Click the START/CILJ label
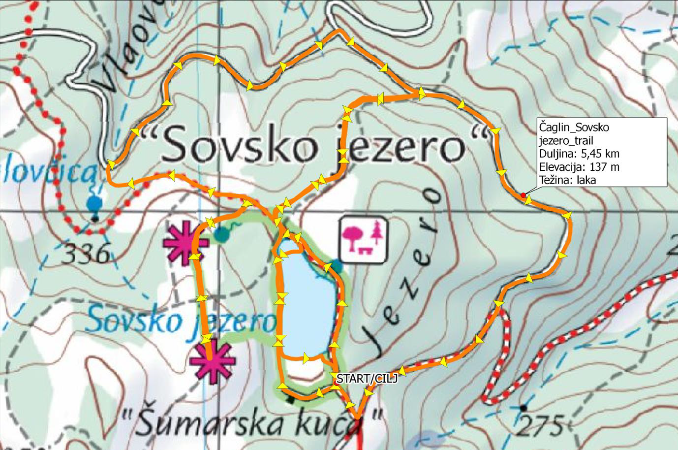(366, 379)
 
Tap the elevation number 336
(87, 255)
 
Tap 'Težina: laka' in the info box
(567, 180)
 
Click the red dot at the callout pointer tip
(523, 195)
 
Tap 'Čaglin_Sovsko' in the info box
(574, 127)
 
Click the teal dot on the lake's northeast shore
(336, 266)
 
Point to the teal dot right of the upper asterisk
(222, 235)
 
